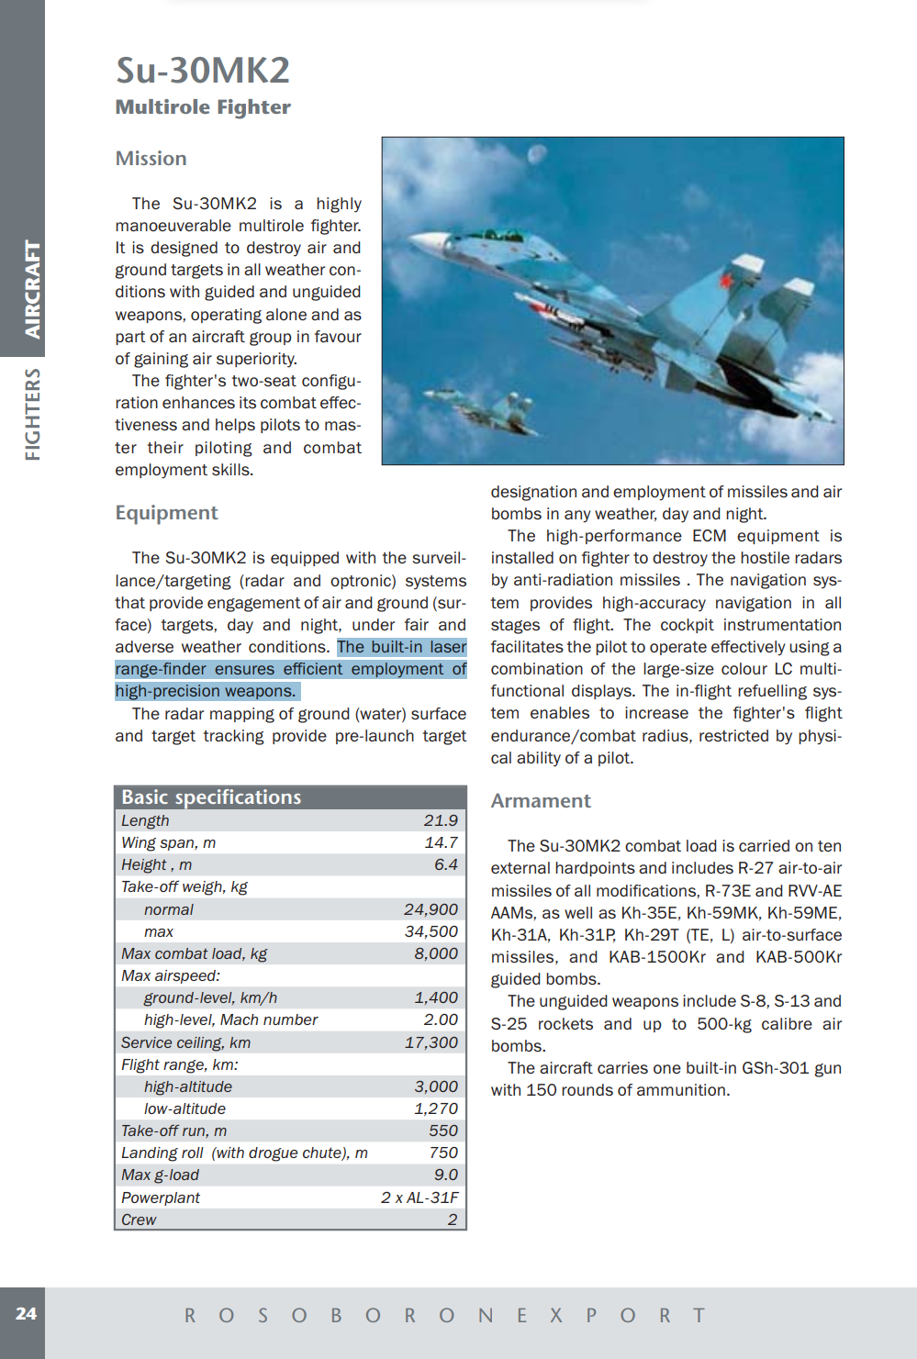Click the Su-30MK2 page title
tap(203, 71)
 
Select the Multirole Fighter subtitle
tap(203, 107)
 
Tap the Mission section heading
tap(151, 159)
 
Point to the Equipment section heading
tap(166, 513)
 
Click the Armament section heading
tap(541, 801)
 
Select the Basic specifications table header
tap(211, 797)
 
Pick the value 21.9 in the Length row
tap(441, 820)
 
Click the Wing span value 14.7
tap(441, 842)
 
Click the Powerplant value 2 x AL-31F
tap(419, 1197)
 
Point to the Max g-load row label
tap(160, 1175)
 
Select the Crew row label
tap(139, 1220)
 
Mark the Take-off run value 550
tap(443, 1131)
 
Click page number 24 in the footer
tap(26, 1314)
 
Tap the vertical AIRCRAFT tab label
tap(32, 289)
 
